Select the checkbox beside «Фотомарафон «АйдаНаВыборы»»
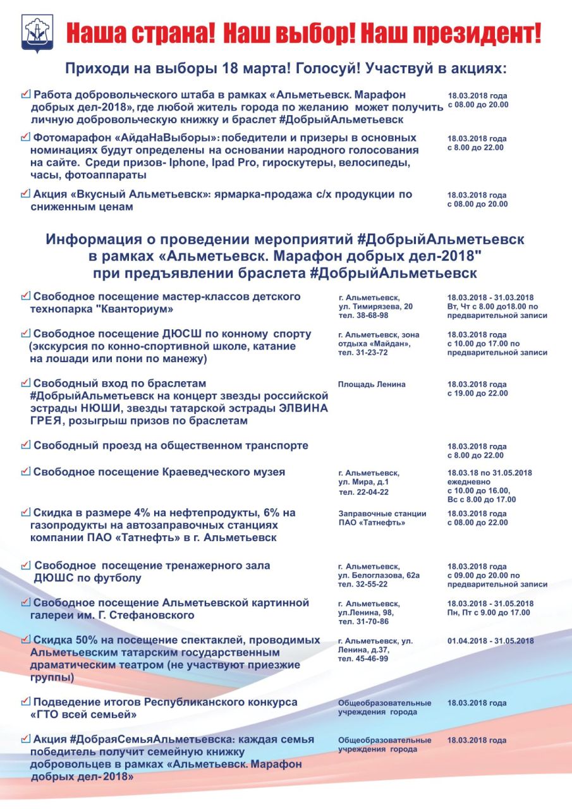click(x=25, y=137)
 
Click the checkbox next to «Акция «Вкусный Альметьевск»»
click(x=25, y=193)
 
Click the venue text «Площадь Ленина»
click(x=372, y=384)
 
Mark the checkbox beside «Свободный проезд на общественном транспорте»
click(x=25, y=445)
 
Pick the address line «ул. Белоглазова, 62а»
click(x=379, y=575)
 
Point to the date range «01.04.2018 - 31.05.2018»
click(x=490, y=641)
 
